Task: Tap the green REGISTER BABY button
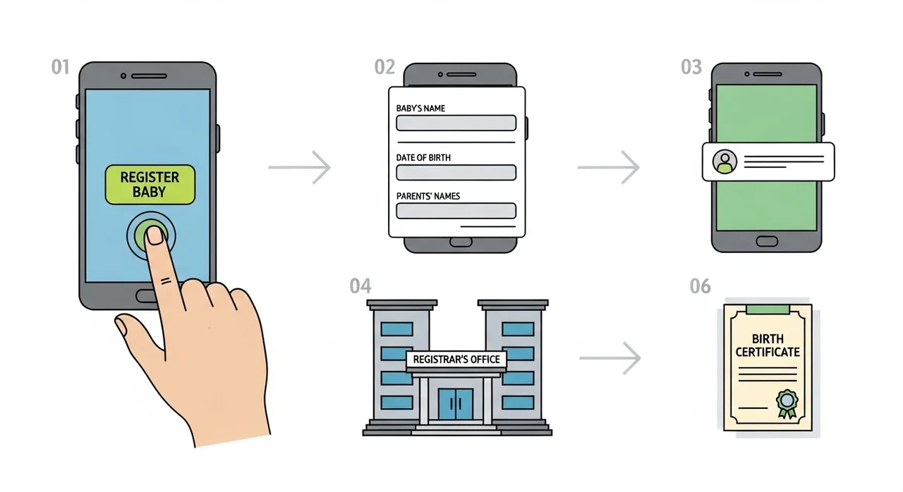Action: (150, 185)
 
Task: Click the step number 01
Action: (61, 67)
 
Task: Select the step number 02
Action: (384, 67)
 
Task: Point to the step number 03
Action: (691, 67)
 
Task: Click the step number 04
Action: (360, 286)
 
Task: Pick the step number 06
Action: (700, 286)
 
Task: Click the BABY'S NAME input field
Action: (456, 123)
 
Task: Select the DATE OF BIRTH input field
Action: (456, 172)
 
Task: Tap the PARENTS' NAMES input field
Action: (456, 211)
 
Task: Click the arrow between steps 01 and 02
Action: (300, 167)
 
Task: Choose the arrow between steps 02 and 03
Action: (608, 167)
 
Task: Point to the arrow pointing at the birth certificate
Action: (610, 358)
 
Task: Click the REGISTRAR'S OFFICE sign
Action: (456, 359)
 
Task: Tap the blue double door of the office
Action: (456, 404)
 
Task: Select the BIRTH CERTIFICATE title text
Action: (768, 345)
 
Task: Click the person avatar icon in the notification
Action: (725, 161)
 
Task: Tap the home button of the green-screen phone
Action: (767, 241)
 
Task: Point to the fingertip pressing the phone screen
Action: (154, 235)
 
